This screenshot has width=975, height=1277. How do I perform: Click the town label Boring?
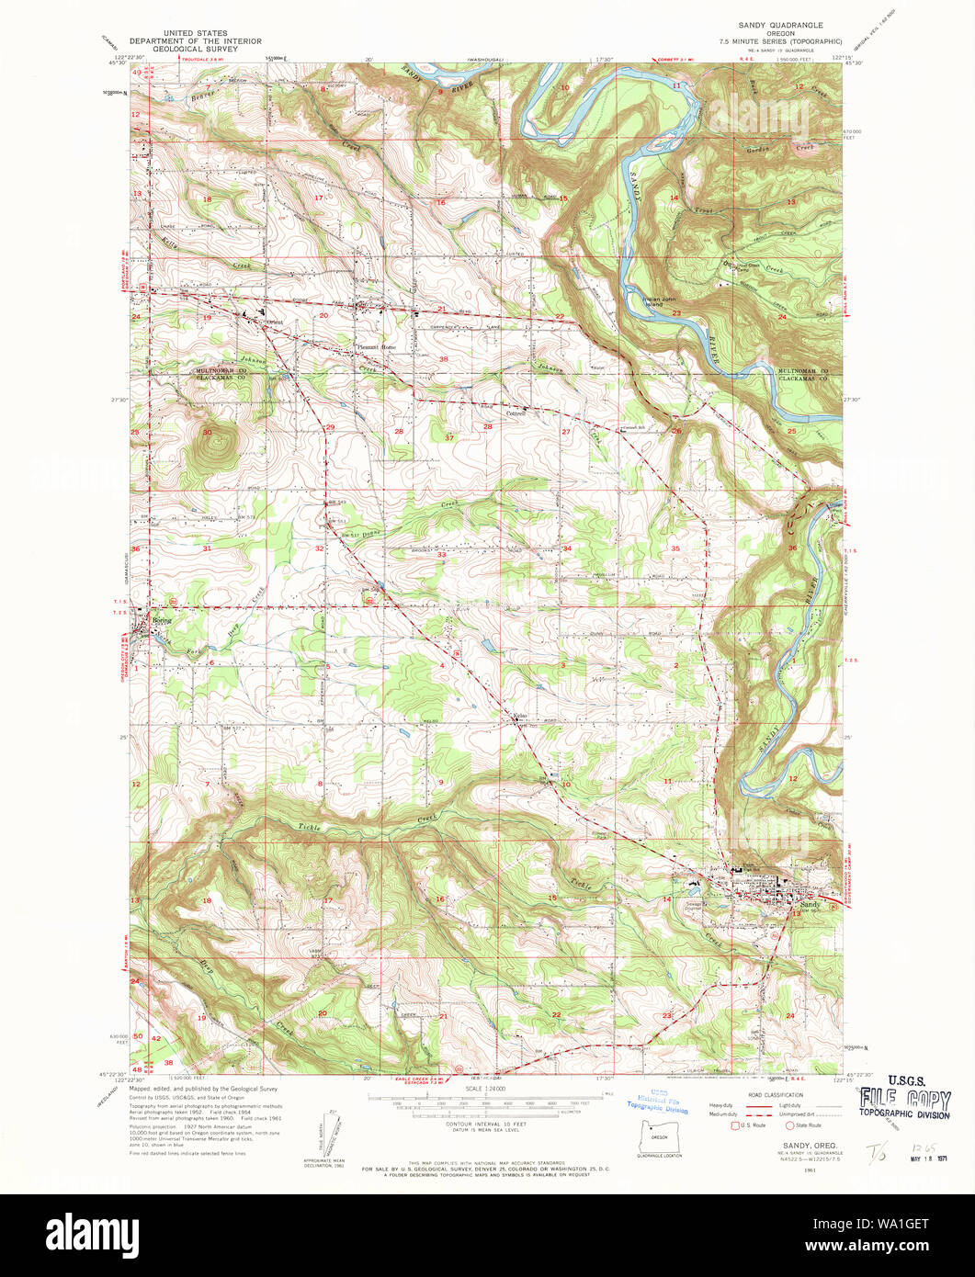(x=162, y=619)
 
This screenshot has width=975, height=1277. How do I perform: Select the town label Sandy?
(x=809, y=904)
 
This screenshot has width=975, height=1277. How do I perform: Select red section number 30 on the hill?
(x=207, y=432)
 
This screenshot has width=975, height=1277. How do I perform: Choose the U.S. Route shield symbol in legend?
(x=733, y=1124)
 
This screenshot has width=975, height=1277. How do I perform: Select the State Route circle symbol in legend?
(x=789, y=1124)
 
